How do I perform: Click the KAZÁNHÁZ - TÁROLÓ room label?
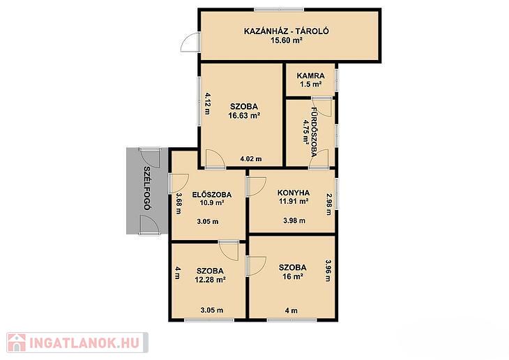pos(287,31)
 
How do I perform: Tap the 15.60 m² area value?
pos(287,40)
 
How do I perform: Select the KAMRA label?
pos(310,76)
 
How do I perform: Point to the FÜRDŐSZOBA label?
pos(314,132)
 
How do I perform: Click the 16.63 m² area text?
pos(244,115)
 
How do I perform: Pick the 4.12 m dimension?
pos(207,104)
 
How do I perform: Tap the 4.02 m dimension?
pos(250,159)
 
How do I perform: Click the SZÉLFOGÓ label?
pos(146,188)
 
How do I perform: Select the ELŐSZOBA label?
pos(212,195)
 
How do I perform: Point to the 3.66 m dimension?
pos(178,204)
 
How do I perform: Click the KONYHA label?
pos(294,193)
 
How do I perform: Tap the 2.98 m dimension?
pos(329,204)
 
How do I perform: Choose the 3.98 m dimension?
pos(294,220)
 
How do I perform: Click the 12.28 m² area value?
pos(210,280)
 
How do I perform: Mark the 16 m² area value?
pos(293,276)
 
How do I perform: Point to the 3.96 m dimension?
pos(328,270)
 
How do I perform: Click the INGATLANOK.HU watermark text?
pos(85,343)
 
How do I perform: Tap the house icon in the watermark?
pos(17,343)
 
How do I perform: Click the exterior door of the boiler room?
pos(189,43)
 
